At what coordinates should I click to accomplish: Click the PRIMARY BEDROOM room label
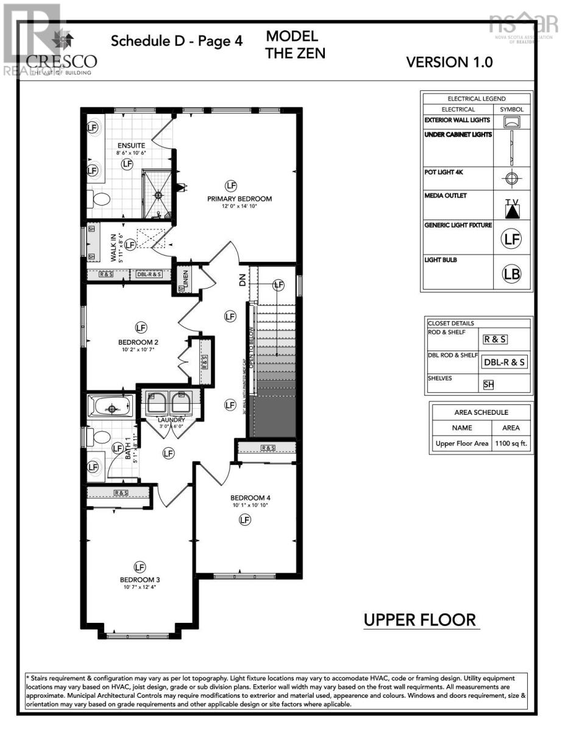[239, 199]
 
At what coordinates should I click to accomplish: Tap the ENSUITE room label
[132, 146]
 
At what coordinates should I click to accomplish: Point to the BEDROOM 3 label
[140, 579]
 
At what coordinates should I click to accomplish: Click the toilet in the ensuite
[99, 198]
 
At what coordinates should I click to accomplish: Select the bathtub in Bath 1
[112, 405]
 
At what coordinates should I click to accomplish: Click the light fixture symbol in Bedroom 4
[244, 520]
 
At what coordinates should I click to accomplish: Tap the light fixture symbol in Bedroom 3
[140, 565]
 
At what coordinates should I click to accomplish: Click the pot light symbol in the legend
[511, 179]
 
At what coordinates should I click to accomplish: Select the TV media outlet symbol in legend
[511, 208]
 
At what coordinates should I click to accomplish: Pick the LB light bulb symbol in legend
[511, 274]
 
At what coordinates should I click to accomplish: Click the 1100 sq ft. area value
[511, 443]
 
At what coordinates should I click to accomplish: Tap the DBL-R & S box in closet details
[504, 362]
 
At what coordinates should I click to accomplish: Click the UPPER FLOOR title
[419, 620]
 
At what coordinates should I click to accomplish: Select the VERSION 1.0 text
[449, 62]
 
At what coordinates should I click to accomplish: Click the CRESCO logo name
[61, 61]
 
